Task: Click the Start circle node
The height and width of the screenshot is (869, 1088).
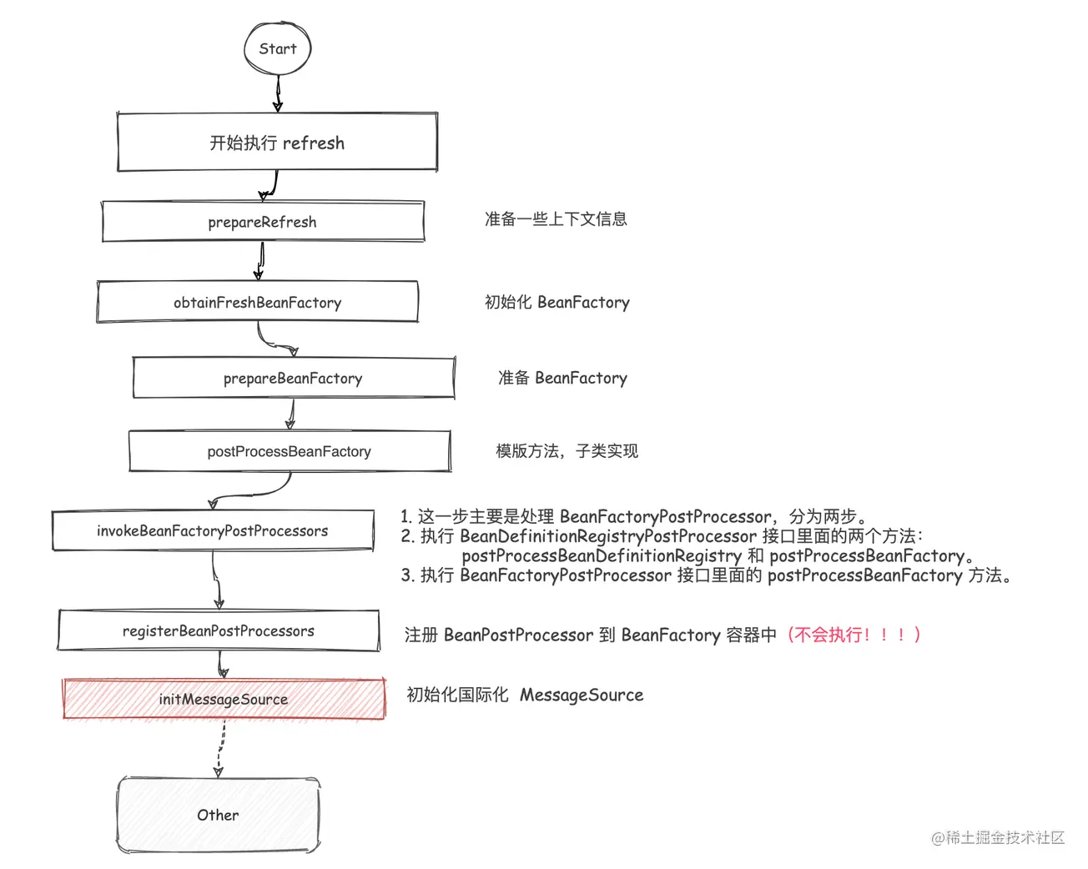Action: [277, 48]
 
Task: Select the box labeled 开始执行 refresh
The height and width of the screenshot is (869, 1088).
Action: [277, 143]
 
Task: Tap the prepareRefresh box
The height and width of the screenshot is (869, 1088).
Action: [263, 222]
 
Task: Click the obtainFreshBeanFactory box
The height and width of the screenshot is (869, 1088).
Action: [257, 302]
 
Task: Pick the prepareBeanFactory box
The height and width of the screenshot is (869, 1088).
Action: [293, 379]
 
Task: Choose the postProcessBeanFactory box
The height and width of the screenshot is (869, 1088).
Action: [289, 451]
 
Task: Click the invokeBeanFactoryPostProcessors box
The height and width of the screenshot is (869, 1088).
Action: [212, 531]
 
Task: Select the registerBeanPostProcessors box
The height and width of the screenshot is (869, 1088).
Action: [218, 631]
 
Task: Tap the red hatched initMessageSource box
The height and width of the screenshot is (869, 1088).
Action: [224, 699]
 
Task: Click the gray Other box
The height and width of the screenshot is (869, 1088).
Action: [218, 815]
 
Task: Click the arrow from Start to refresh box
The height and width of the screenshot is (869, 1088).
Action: [278, 93]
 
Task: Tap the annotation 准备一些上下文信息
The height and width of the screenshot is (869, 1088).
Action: [556, 219]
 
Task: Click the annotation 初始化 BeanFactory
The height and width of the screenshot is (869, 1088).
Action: [557, 302]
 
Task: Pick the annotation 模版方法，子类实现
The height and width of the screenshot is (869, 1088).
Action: [567, 451]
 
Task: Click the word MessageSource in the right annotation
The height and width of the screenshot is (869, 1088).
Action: [582, 695]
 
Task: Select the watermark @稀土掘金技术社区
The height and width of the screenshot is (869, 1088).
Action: [998, 837]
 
